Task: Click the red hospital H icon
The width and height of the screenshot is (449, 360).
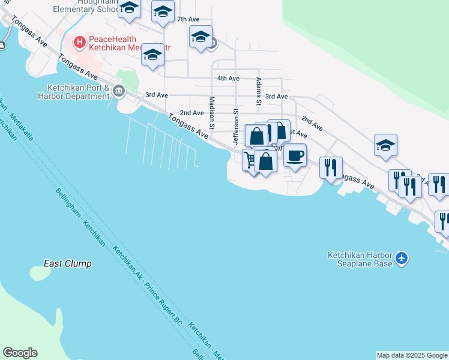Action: (x=79, y=42)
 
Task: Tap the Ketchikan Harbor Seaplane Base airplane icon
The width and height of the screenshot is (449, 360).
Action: (x=402, y=259)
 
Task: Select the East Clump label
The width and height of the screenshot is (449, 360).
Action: (x=68, y=263)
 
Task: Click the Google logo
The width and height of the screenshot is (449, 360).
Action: (x=20, y=353)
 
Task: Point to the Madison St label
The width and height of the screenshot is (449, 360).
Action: (x=212, y=112)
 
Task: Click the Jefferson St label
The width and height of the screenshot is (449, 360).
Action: (x=236, y=127)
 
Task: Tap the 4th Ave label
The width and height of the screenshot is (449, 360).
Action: (x=228, y=79)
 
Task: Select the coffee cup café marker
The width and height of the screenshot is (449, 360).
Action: (x=294, y=156)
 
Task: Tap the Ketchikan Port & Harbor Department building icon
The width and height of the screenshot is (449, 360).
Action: (x=118, y=91)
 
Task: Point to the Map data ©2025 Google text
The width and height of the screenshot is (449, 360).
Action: (x=412, y=355)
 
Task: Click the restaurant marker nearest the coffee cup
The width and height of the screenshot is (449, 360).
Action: (x=331, y=167)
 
